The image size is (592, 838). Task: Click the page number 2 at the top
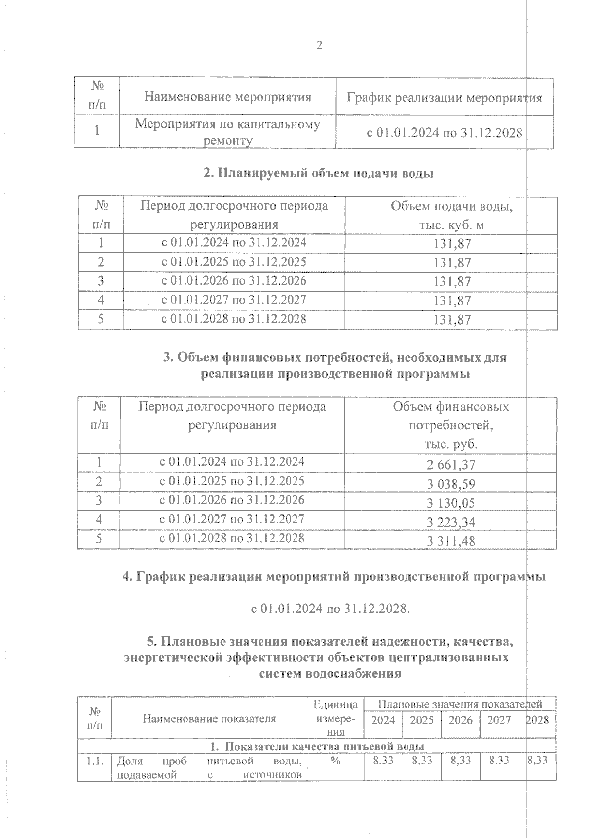tap(319, 46)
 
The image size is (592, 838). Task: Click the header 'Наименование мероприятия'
tap(227, 97)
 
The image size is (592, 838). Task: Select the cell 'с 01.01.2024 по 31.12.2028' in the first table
tap(444, 132)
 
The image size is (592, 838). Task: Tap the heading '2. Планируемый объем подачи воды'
tap(318, 174)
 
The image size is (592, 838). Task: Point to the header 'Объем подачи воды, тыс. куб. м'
tap(451, 215)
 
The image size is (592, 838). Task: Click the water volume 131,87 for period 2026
tap(452, 282)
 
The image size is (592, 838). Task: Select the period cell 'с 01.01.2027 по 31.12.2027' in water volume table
tap(234, 300)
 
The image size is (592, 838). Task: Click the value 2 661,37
tap(450, 465)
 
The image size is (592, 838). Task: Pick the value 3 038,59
tap(450, 484)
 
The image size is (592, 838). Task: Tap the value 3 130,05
tap(450, 503)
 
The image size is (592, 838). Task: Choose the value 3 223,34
tap(450, 522)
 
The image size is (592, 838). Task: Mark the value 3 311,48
tap(450, 541)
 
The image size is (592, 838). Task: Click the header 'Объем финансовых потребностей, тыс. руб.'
tap(450, 425)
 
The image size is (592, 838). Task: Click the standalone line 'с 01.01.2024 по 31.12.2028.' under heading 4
tap(330, 609)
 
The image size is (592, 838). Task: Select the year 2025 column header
tap(422, 720)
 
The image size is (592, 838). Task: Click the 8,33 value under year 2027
tap(499, 761)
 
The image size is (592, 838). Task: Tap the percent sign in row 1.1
tap(335, 761)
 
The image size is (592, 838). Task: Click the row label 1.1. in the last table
tap(94, 761)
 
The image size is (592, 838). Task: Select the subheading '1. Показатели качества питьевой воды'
tap(317, 746)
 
